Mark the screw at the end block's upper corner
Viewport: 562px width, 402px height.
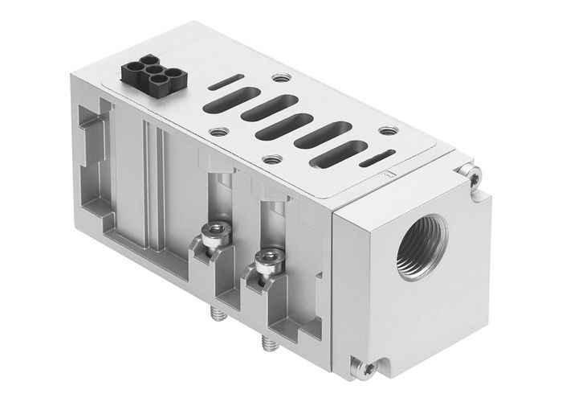tap(473, 170)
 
